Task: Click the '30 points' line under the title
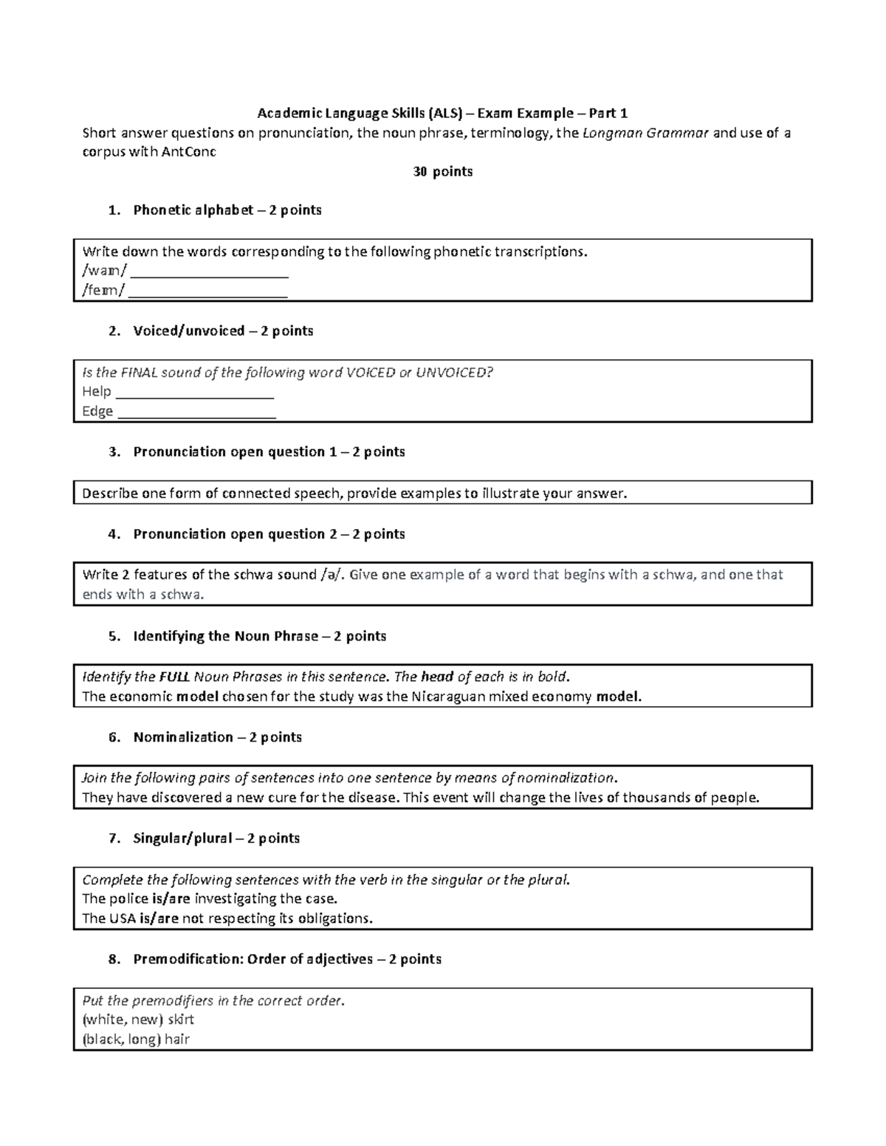(442, 172)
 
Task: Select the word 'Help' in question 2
(96, 392)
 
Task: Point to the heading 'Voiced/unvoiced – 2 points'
(222, 331)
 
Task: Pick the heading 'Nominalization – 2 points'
(217, 737)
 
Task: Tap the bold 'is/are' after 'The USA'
(159, 919)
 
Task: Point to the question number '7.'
(114, 838)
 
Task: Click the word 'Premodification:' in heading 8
(188, 959)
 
